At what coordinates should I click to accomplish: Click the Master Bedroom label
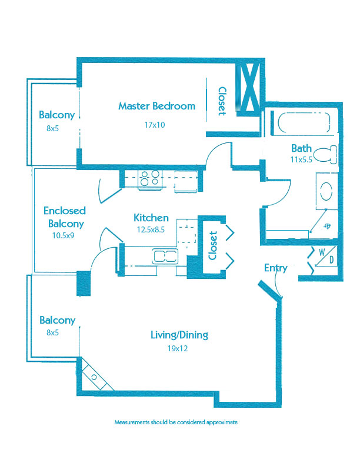[x=157, y=106]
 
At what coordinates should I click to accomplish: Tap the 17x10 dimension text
[x=155, y=125]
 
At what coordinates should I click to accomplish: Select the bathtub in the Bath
[x=304, y=122]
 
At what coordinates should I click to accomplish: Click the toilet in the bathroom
[x=325, y=154]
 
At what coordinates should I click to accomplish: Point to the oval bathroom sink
[x=326, y=191]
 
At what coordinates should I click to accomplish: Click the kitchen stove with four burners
[x=150, y=179]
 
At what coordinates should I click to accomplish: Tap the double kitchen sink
[x=165, y=256]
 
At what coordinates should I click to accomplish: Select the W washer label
[x=322, y=252]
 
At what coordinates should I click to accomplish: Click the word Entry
[x=276, y=268]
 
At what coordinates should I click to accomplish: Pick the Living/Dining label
[x=179, y=335]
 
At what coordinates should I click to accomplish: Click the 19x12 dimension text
[x=177, y=348]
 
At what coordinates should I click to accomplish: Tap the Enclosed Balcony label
[x=65, y=217]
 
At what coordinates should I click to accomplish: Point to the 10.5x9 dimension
[x=64, y=236]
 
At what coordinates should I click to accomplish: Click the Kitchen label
[x=151, y=218]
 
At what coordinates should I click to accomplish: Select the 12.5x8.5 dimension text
[x=151, y=229]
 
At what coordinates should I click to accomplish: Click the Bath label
[x=301, y=148]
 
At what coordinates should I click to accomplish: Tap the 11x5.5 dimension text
[x=301, y=159]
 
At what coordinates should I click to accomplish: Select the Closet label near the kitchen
[x=213, y=245]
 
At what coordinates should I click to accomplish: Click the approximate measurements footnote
[x=176, y=422]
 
